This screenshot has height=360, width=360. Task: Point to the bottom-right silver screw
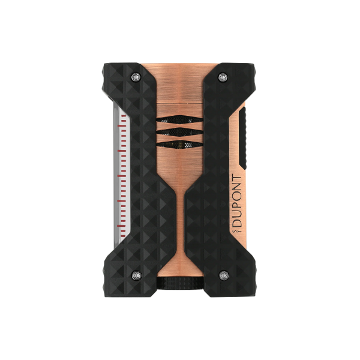(224, 275)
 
